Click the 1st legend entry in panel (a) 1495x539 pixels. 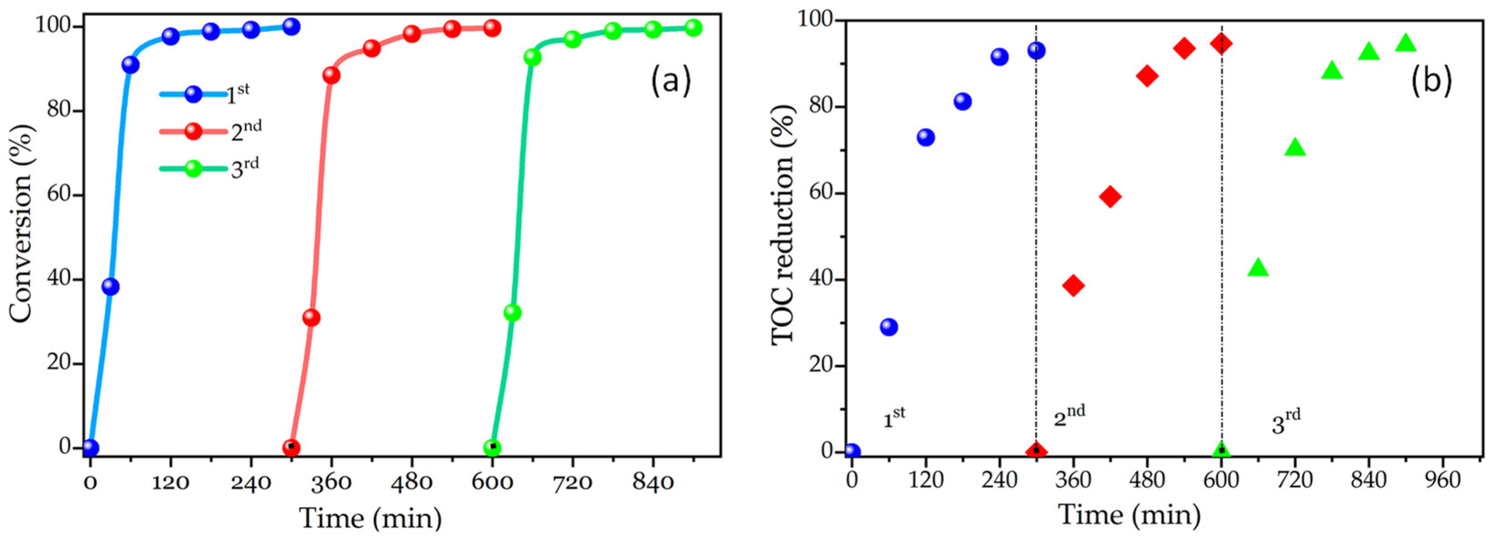click(206, 95)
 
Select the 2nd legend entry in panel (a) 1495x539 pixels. click(210, 131)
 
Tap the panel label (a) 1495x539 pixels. click(670, 80)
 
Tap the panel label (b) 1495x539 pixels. click(1431, 80)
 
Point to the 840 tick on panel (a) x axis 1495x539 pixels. click(653, 482)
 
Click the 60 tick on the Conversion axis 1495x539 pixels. click(60, 196)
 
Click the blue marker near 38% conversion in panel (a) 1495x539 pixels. click(110, 287)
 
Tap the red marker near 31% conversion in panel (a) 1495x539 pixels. click(311, 317)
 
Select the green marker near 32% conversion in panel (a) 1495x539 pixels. click(513, 313)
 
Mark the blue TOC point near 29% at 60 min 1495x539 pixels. click(888, 327)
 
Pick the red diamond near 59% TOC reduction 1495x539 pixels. click(1110, 197)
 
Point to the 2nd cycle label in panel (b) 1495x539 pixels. click(1069, 416)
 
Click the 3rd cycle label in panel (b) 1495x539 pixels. click(1286, 422)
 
